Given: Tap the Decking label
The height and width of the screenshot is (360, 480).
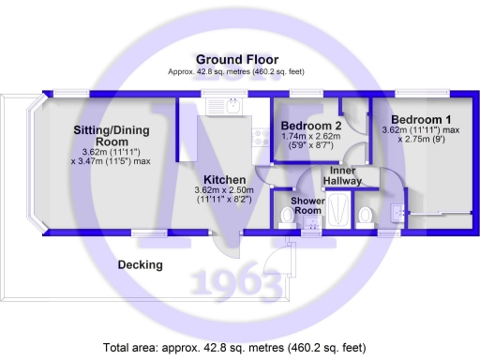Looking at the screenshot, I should (140, 265).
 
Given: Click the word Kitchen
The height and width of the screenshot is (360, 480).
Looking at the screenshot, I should (225, 180).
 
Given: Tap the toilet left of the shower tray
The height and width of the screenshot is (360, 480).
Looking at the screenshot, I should (285, 217).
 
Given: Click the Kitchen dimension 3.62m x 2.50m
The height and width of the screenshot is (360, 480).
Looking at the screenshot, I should (225, 190).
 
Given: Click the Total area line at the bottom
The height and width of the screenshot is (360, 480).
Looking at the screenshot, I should (235, 347).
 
